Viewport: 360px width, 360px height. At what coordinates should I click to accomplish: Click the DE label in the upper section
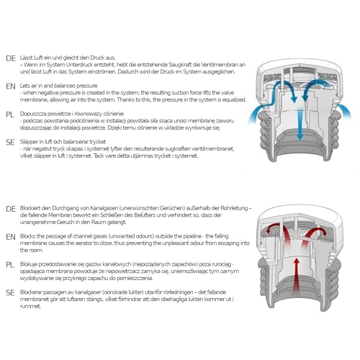tap(10, 58)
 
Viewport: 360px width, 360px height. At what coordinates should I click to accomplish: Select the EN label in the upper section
tap(10, 86)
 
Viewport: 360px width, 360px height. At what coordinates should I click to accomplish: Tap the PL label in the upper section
tap(10, 114)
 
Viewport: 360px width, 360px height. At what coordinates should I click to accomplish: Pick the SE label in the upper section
tap(10, 141)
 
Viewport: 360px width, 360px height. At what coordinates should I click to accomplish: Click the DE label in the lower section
tap(10, 209)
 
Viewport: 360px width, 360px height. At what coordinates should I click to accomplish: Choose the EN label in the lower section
tap(10, 236)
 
